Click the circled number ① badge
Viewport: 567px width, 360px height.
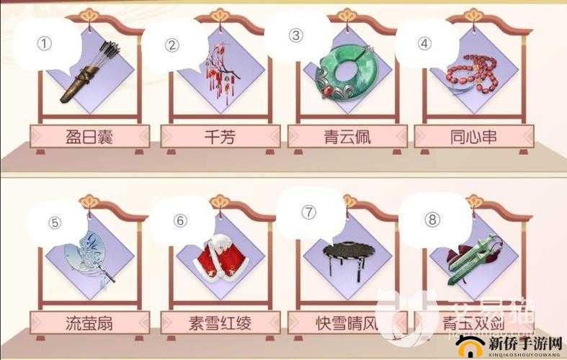pos(45,44)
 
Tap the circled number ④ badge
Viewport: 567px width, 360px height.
pos(424,43)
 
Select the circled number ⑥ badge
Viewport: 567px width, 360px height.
pos(180,221)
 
